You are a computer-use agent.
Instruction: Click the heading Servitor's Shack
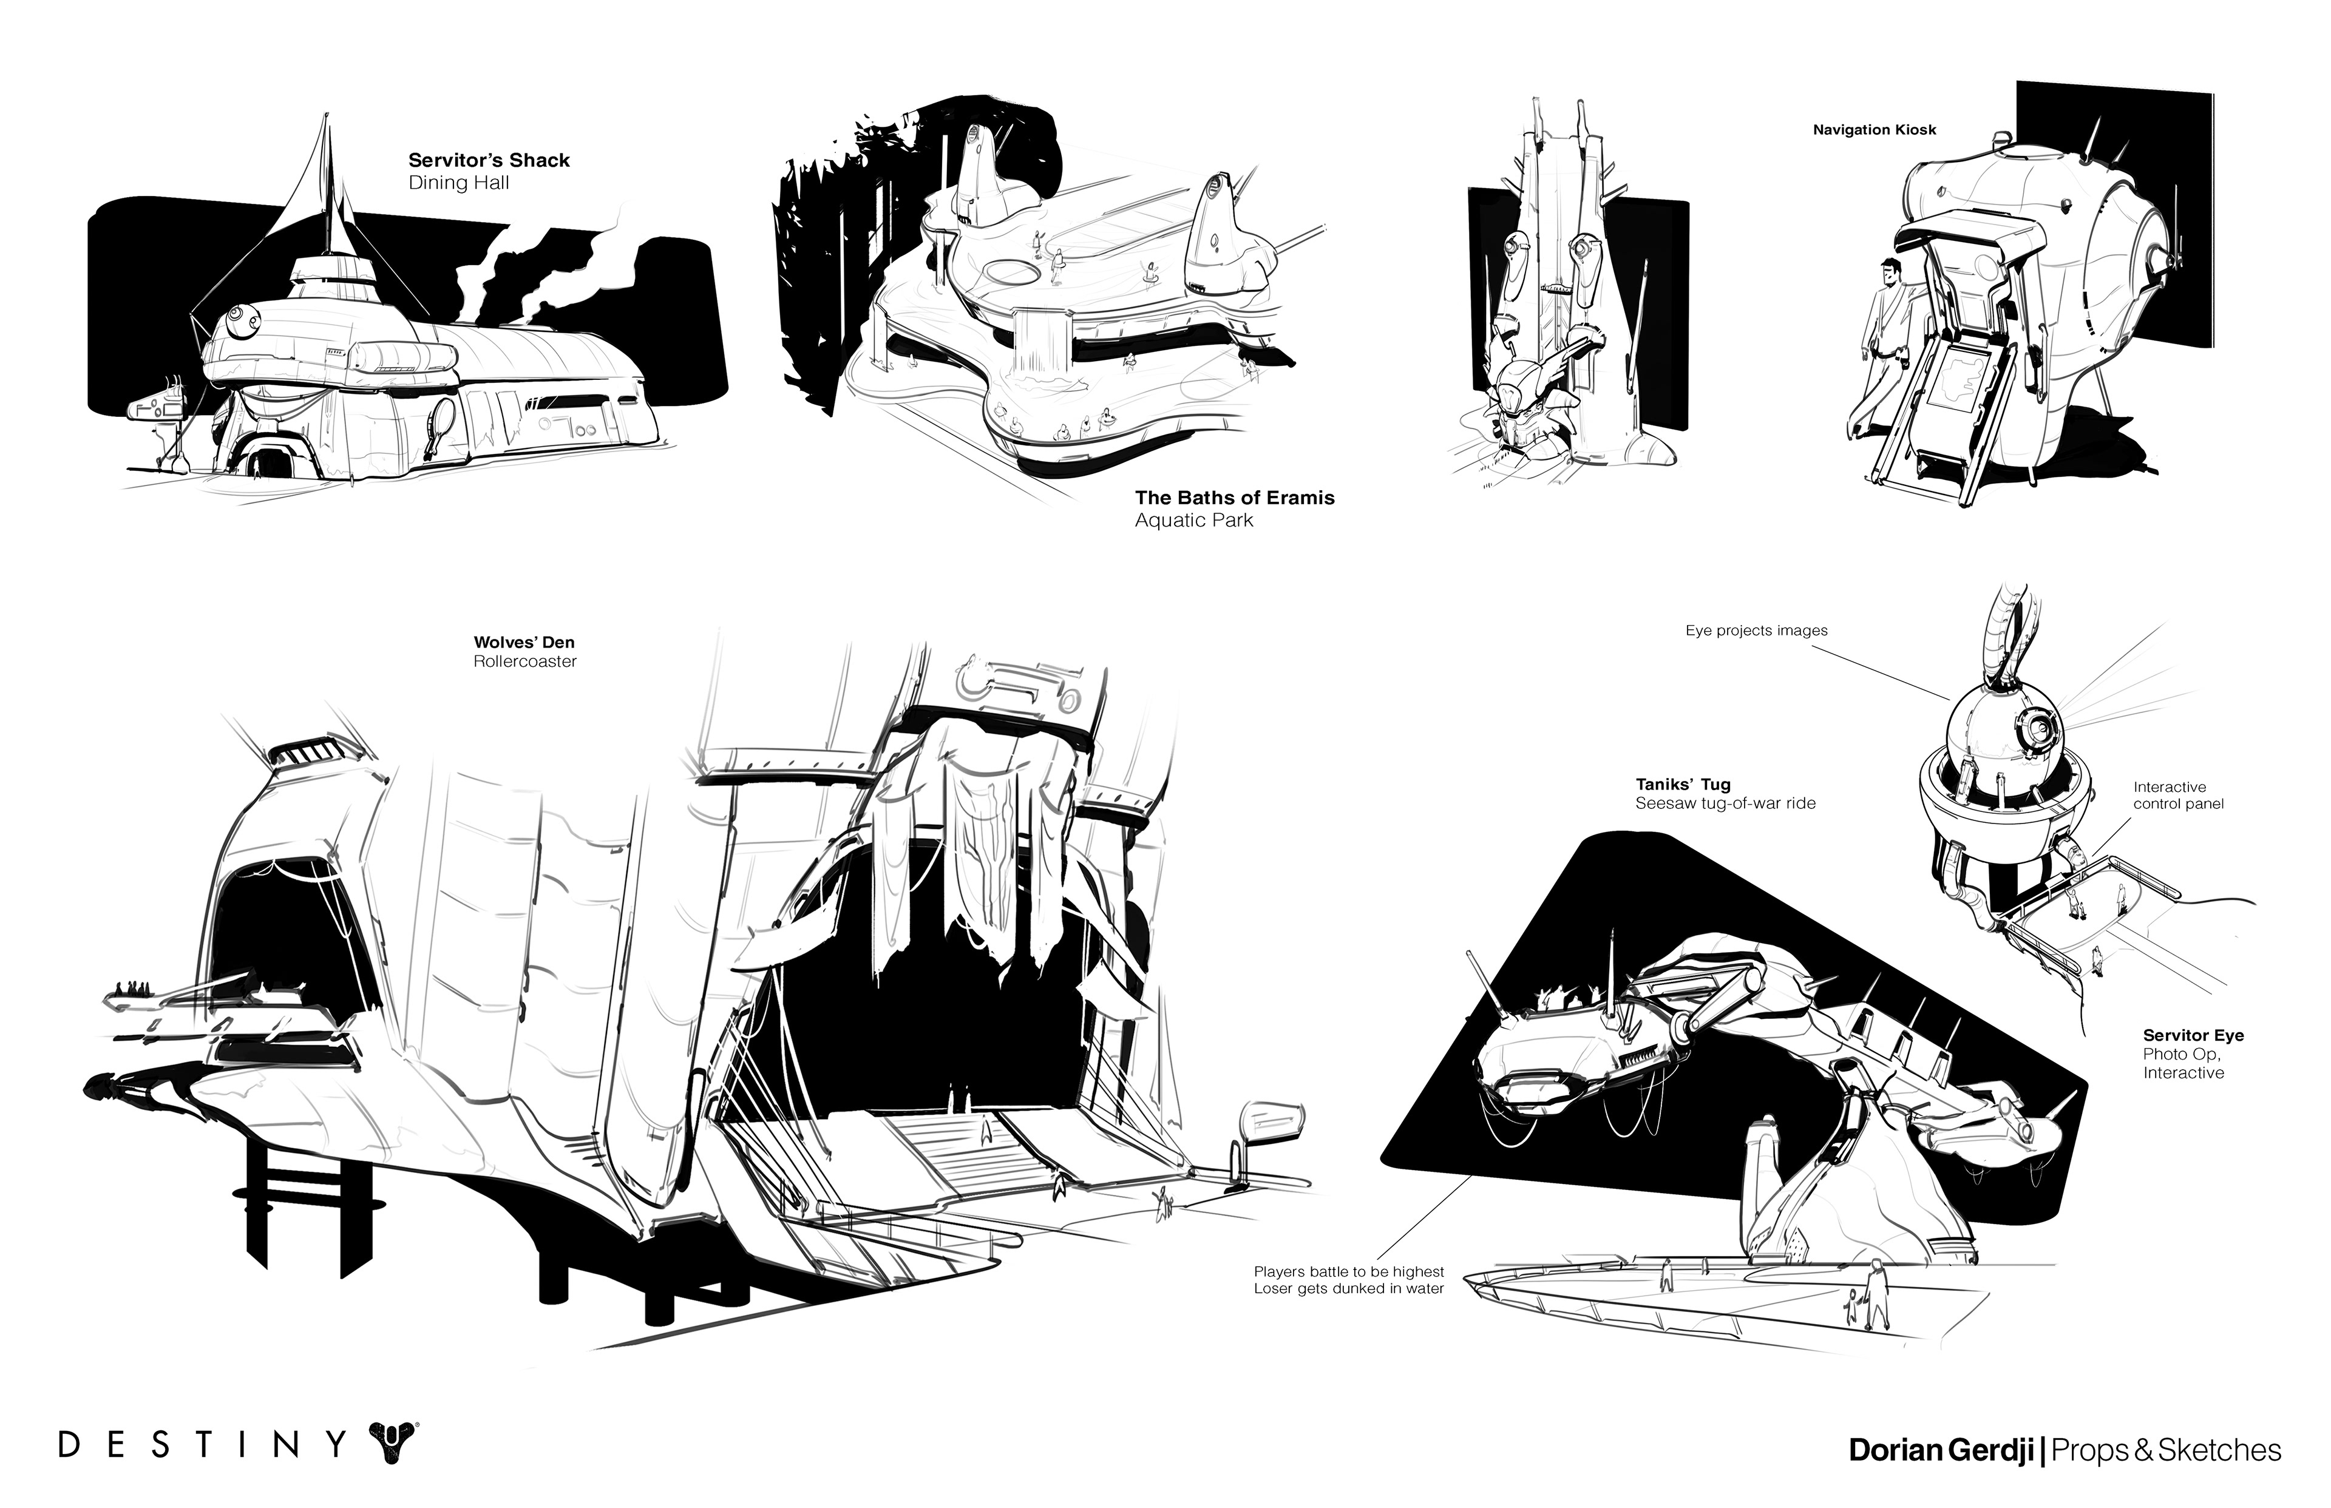point(489,161)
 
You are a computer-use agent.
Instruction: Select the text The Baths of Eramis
point(1234,498)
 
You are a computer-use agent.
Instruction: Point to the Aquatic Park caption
point(1194,520)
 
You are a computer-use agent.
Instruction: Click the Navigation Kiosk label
point(1874,129)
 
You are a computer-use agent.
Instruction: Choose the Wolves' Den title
point(524,643)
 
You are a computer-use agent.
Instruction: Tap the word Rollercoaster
point(525,662)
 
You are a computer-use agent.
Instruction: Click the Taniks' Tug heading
point(1683,785)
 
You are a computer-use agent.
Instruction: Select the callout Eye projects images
point(1756,631)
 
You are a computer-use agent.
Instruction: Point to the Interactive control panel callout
point(2178,795)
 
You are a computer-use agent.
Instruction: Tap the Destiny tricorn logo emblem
point(392,1444)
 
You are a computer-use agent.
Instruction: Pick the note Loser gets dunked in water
point(1349,1289)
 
